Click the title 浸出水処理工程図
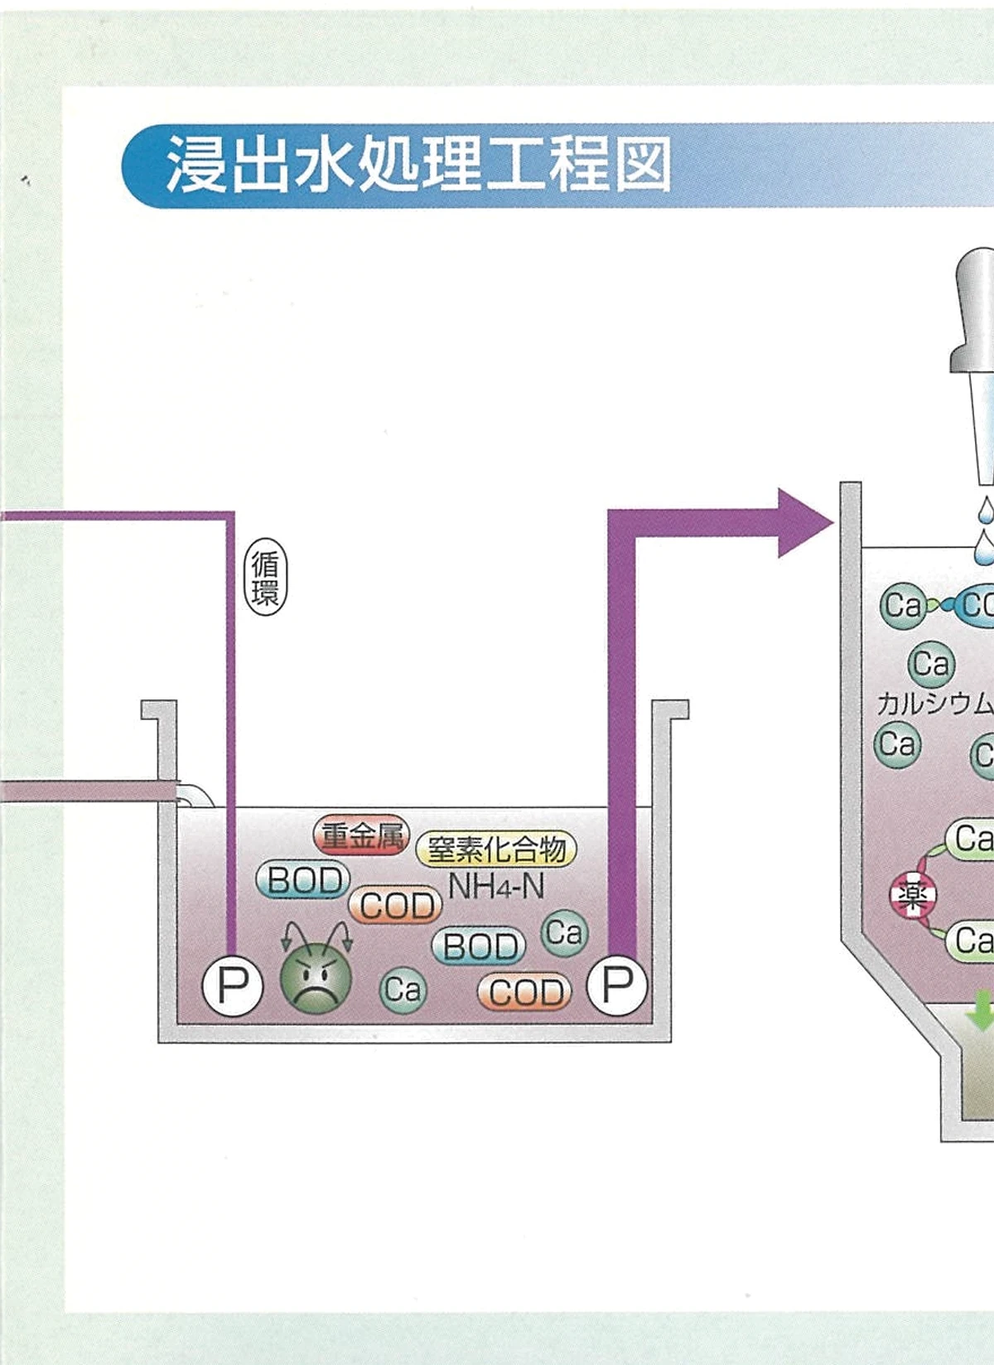point(418,165)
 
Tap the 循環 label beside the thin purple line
point(266,578)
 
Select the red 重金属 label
point(362,835)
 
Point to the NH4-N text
point(495,887)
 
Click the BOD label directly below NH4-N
point(479,946)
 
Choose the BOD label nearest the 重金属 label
point(303,880)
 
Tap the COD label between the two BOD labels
point(395,905)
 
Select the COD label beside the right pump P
point(524,992)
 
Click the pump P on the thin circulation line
point(233,985)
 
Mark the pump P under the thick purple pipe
point(617,985)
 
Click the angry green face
point(316,978)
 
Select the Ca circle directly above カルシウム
point(931,664)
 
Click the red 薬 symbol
point(913,896)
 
